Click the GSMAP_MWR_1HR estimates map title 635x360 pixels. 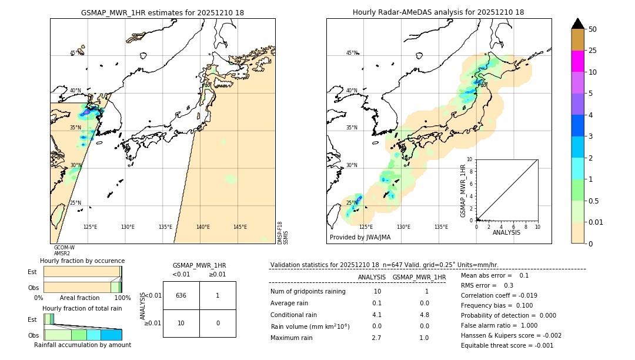pyautogui.click(x=162, y=12)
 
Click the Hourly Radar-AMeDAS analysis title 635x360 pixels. pyautogui.click(x=438, y=12)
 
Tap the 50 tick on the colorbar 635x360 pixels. pyautogui.click(x=593, y=29)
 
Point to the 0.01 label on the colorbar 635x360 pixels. pyautogui.click(x=596, y=222)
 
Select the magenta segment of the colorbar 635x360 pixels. pyautogui.click(x=578, y=61)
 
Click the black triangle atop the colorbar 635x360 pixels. pyautogui.click(x=578, y=24)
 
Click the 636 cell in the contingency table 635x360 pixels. pyautogui.click(x=181, y=295)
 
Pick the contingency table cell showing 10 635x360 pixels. pyautogui.click(x=181, y=324)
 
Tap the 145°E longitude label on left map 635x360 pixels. pyautogui.click(x=240, y=227)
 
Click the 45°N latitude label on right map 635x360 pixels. pyautogui.click(x=352, y=54)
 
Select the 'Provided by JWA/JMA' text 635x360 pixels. pyautogui.click(x=360, y=237)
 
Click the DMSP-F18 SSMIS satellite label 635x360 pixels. pyautogui.click(x=282, y=233)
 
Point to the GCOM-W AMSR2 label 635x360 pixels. pyautogui.click(x=64, y=251)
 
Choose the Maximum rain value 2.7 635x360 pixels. pyautogui.click(x=376, y=338)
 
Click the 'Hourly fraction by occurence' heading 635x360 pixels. pyautogui.click(x=82, y=261)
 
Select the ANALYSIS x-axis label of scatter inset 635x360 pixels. pyautogui.click(x=506, y=232)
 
